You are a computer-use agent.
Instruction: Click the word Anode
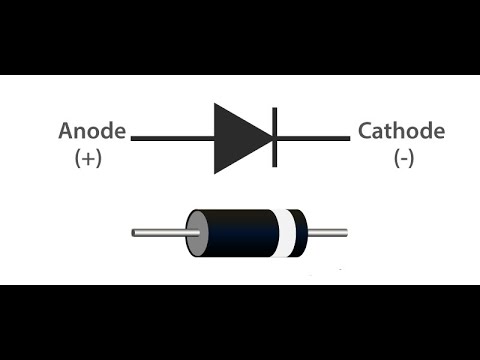coord(93,132)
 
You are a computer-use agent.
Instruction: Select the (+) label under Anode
coord(89,158)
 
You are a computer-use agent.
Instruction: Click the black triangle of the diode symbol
coord(238,137)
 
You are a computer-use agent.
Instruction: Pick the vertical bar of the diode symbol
coord(273,137)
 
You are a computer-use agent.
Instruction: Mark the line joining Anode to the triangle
coord(170,137)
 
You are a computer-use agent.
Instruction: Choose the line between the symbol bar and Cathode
coord(312,137)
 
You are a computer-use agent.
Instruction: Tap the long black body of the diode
coord(240,234)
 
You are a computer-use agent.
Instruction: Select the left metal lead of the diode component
coord(160,234)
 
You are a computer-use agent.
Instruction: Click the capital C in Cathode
coord(366,132)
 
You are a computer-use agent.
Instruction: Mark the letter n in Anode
coord(82,134)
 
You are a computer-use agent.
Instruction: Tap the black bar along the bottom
coord(240,322)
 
